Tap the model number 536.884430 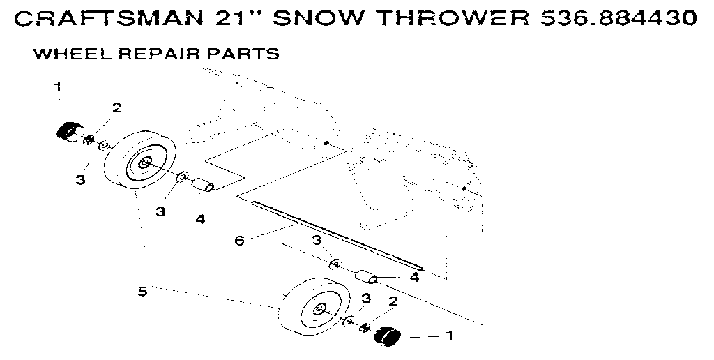pyautogui.click(x=618, y=19)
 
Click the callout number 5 pyautogui.click(x=142, y=291)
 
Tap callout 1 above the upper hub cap pyautogui.click(x=58, y=87)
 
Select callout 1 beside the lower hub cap pyautogui.click(x=449, y=336)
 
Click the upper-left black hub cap pyautogui.click(x=67, y=131)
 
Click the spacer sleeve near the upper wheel pyautogui.click(x=203, y=185)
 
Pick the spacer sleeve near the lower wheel pyautogui.click(x=366, y=277)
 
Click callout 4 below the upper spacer pyautogui.click(x=200, y=219)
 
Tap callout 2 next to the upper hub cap pyautogui.click(x=116, y=108)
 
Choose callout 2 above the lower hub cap pyautogui.click(x=393, y=301)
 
